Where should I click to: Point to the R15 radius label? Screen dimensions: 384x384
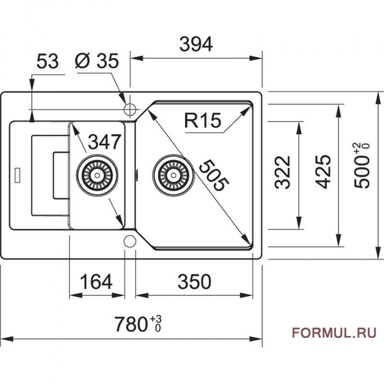[x=202, y=120]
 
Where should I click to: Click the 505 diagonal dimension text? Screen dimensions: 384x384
[x=213, y=175]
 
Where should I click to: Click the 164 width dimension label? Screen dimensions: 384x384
[x=96, y=282]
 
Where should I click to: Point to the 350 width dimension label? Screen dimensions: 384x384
[x=194, y=282]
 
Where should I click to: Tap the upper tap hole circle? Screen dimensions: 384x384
[x=130, y=109]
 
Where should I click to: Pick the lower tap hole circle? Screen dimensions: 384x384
[x=130, y=240]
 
